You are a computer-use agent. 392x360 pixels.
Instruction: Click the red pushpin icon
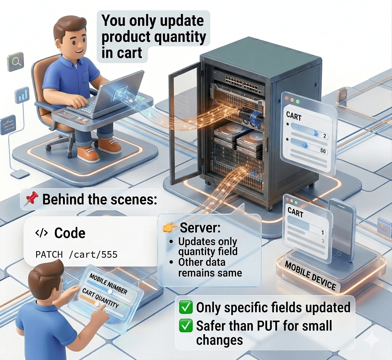click(x=31, y=199)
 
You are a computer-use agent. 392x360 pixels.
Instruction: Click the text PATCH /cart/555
click(x=76, y=254)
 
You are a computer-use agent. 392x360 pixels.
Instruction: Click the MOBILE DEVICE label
click(x=310, y=276)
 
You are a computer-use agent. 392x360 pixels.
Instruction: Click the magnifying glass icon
click(x=15, y=62)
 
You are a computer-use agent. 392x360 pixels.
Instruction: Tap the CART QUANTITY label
click(x=100, y=298)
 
